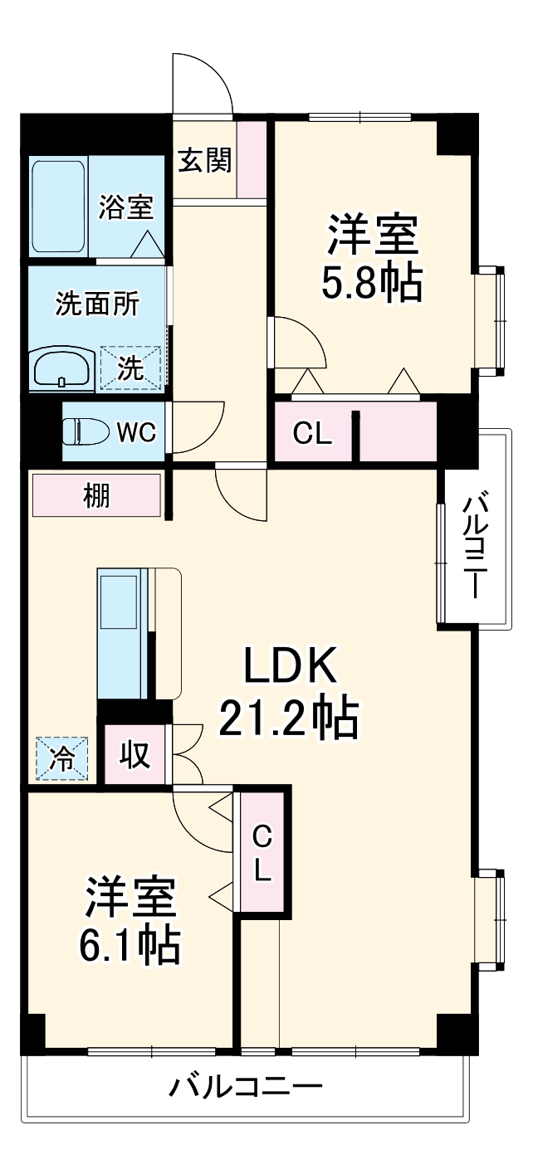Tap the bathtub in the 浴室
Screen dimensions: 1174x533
click(x=58, y=207)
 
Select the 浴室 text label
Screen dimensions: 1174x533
click(x=126, y=207)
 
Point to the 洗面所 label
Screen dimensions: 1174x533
click(x=97, y=304)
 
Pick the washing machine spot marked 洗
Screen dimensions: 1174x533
click(x=130, y=367)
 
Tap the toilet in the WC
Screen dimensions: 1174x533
click(x=86, y=431)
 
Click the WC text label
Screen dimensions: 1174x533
click(x=135, y=432)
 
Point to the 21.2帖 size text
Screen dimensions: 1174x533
click(x=288, y=719)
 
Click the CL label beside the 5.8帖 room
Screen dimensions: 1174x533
click(x=313, y=432)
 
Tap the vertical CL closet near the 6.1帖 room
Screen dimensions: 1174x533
click(x=262, y=851)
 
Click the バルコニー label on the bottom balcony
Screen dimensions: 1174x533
click(x=247, y=1085)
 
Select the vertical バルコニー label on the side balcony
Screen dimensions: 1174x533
click(x=475, y=546)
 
